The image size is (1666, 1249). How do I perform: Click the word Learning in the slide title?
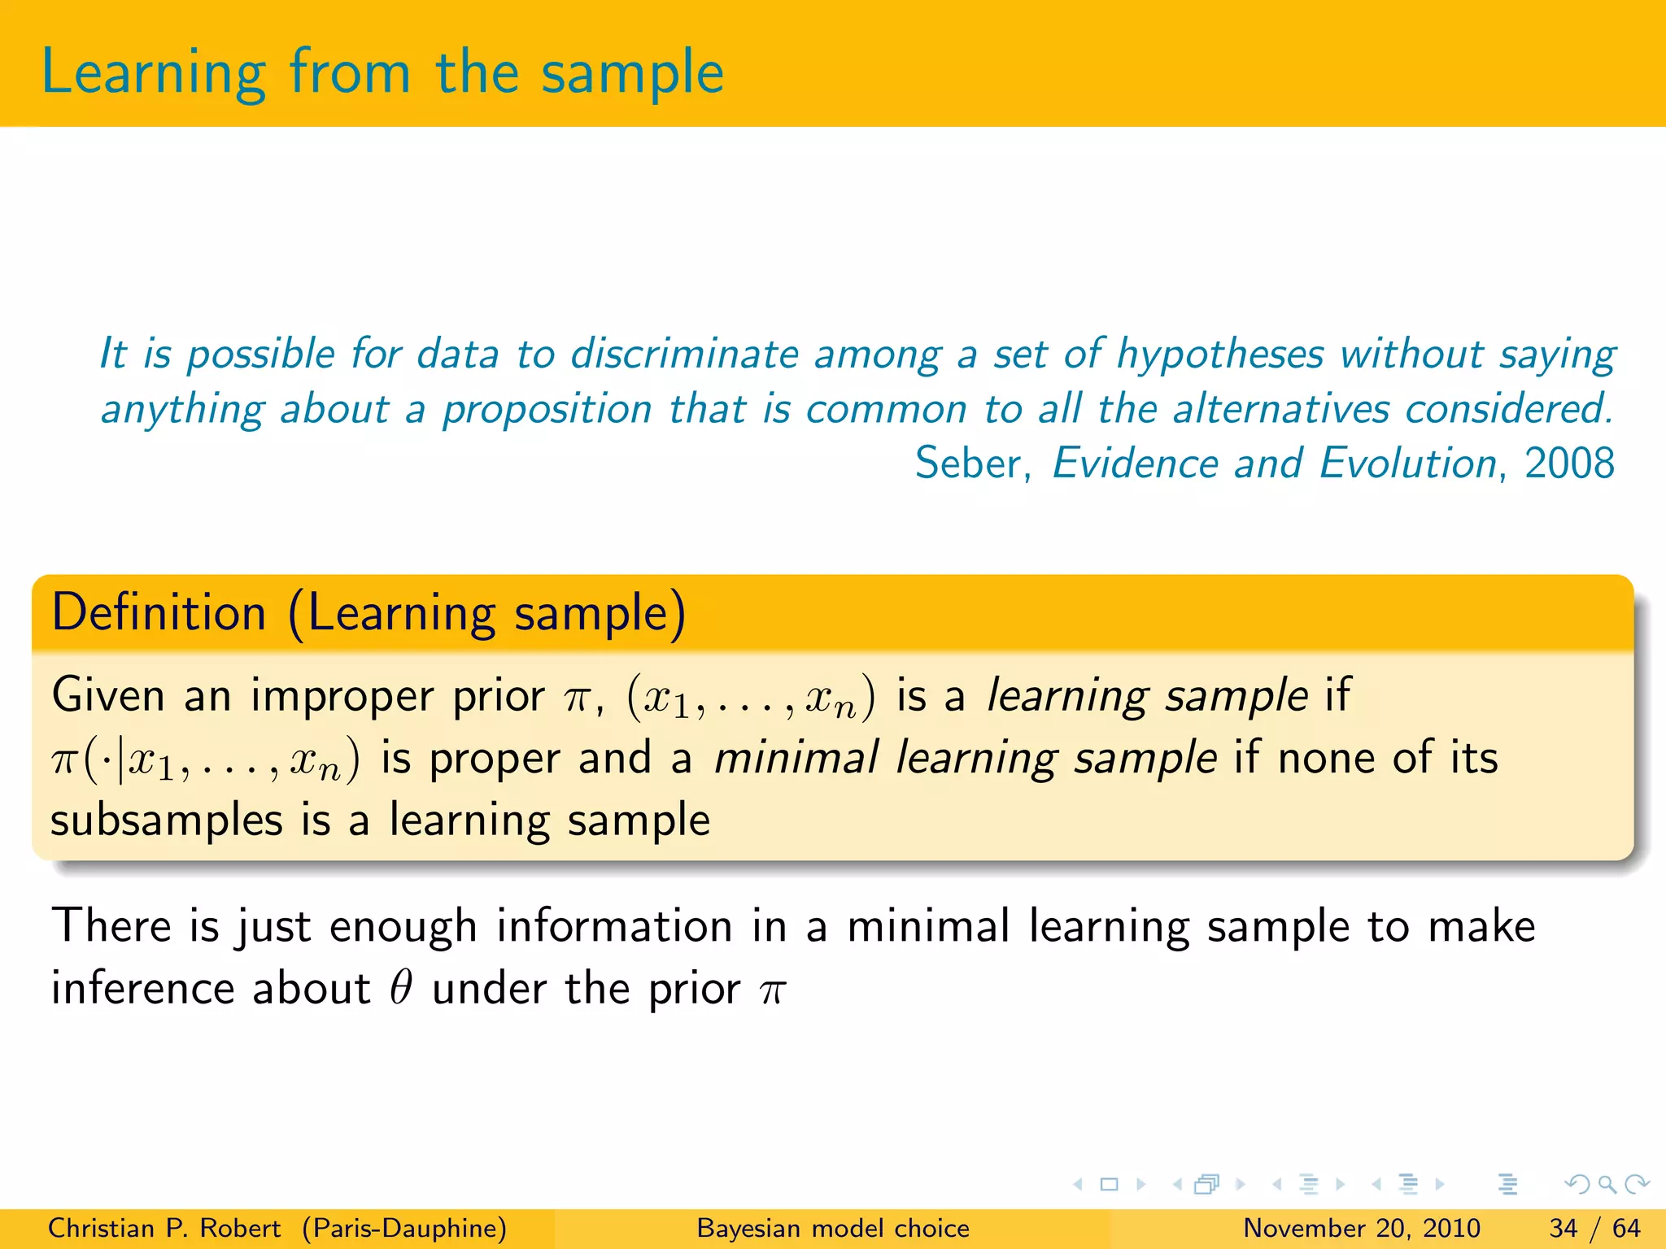click(153, 73)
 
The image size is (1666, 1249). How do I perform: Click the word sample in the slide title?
click(632, 73)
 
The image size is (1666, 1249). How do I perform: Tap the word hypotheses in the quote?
click(1219, 355)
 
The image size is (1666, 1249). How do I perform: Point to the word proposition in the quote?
click(547, 409)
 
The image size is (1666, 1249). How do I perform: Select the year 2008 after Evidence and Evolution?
click(1568, 463)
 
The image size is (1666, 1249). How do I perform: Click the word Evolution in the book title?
click(1407, 463)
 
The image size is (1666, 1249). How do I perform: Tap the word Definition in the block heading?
click(159, 612)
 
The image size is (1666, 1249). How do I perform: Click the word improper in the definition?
click(342, 696)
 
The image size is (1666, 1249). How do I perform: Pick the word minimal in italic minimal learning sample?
click(796, 758)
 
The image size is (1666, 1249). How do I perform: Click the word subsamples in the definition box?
click(166, 820)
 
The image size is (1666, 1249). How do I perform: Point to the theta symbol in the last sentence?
click(400, 989)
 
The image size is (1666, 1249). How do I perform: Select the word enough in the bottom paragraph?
click(403, 927)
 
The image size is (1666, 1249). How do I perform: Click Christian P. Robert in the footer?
click(164, 1228)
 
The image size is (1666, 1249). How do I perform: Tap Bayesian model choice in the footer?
click(833, 1228)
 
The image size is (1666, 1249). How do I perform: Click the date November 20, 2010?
click(1361, 1228)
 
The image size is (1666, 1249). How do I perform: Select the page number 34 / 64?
click(1594, 1228)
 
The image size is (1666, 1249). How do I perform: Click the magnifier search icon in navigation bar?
click(1607, 1184)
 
